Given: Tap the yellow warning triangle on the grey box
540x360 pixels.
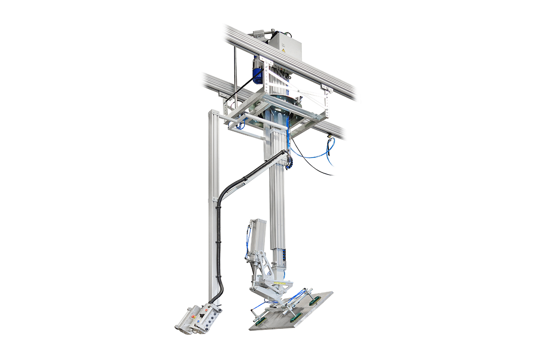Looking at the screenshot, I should click(283, 51).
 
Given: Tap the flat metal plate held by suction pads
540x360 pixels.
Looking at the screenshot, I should click(292, 313).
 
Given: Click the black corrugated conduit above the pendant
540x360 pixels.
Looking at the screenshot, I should click(220, 252).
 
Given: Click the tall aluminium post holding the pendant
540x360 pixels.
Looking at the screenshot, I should click(213, 202).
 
